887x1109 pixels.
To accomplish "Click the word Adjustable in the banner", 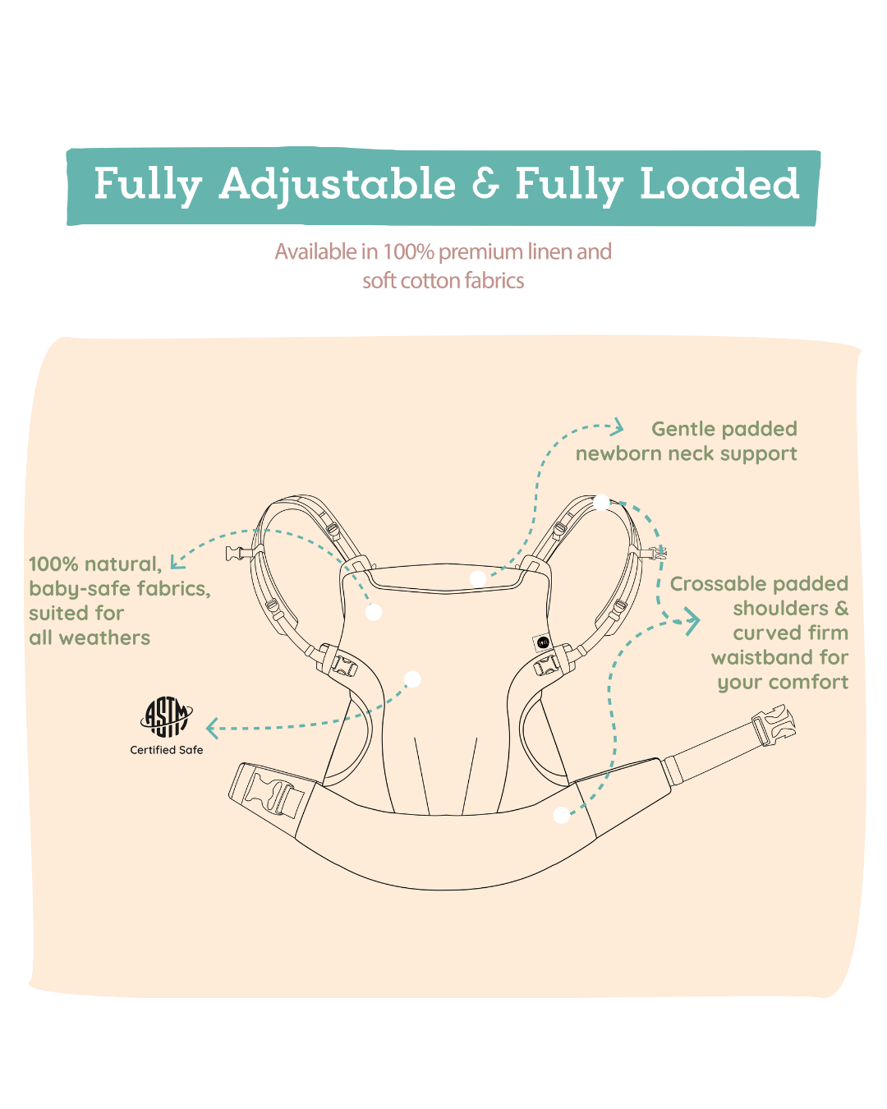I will click(x=337, y=184).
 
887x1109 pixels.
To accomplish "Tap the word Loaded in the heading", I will click(x=719, y=184).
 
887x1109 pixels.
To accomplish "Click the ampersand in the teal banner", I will click(x=485, y=184).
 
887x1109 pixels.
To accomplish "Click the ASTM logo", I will click(x=167, y=717).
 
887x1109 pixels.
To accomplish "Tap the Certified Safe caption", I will click(x=167, y=750).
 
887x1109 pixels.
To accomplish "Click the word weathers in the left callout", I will click(x=104, y=638).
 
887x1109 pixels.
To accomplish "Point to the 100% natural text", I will click(x=94, y=564).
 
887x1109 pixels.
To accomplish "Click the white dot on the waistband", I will click(x=562, y=815).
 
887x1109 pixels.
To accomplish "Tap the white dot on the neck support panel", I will click(x=477, y=579).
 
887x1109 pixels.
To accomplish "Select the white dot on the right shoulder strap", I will click(x=601, y=502).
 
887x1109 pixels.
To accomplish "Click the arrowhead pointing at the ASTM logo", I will click(x=213, y=728).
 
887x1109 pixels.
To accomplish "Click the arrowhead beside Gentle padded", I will click(x=618, y=426).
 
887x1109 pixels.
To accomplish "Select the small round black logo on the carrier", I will click(x=543, y=642).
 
